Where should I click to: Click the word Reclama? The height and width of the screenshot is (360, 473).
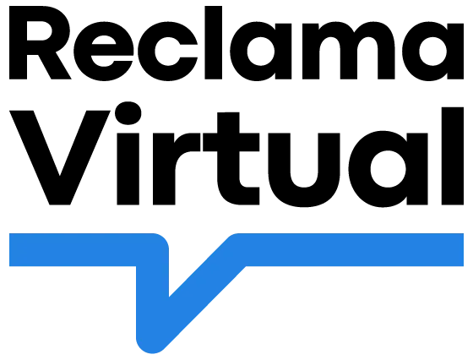pos(236,43)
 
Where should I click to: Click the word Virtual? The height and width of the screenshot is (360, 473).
pos(236,155)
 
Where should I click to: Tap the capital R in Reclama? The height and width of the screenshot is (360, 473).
pos(41,43)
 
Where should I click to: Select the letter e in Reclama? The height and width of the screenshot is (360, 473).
pos(103,52)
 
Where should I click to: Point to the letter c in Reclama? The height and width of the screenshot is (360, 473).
pos(168,52)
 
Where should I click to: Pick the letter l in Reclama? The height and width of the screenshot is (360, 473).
pos(214,43)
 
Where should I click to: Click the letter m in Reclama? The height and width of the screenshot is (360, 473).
pos(349,51)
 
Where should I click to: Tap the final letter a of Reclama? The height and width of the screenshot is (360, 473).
pos(432,52)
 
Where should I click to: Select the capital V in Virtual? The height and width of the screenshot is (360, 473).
pos(60,158)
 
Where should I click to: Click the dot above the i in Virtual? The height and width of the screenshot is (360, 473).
pos(128,113)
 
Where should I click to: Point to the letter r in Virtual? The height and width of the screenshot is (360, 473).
pos(177,169)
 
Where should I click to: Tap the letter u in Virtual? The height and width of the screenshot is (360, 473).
pos(304,170)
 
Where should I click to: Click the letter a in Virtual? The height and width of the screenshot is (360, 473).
pos(389,169)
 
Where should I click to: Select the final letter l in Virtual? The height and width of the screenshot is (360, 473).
pos(453,156)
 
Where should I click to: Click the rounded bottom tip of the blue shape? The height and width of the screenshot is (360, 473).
pos(152,347)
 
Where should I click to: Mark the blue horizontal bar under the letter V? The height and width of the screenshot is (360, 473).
pos(73,250)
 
